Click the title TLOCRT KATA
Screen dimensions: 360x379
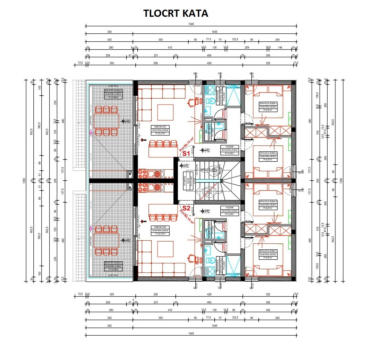tap(175, 13)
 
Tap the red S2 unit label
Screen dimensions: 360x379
tap(186, 208)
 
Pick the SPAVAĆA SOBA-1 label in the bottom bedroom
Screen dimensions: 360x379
tap(268, 255)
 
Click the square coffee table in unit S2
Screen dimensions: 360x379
tap(165, 248)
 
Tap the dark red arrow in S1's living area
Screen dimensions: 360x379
tap(144, 140)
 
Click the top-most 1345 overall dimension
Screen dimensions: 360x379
tap(191, 24)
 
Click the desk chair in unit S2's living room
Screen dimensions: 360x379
tap(191, 258)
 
